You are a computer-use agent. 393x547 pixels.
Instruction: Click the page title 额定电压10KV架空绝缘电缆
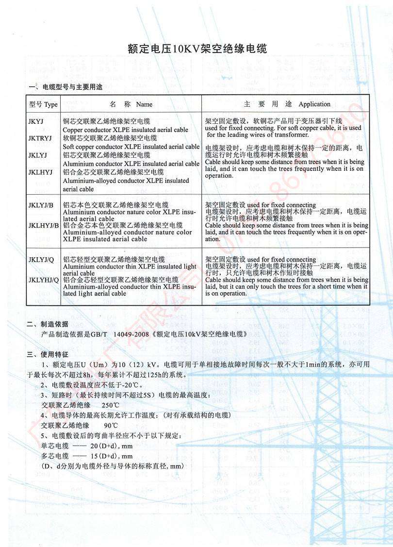(x=196, y=49)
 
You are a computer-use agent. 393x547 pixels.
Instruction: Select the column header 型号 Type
(x=43, y=104)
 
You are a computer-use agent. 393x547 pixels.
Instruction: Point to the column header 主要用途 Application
(x=287, y=104)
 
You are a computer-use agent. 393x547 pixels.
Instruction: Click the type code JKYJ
(x=36, y=121)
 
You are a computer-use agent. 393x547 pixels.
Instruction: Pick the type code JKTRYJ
(x=40, y=138)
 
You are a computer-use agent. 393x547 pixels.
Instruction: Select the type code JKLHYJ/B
(x=44, y=226)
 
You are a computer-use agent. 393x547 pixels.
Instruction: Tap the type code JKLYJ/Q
(x=41, y=260)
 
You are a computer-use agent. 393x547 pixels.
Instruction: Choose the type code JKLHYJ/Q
(x=44, y=280)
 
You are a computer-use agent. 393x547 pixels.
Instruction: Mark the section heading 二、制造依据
(x=48, y=324)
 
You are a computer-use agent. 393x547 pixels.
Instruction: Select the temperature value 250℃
(x=111, y=405)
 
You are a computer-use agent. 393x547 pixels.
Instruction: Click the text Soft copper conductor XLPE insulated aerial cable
(x=131, y=147)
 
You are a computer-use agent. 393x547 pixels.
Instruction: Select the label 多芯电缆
(x=55, y=456)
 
